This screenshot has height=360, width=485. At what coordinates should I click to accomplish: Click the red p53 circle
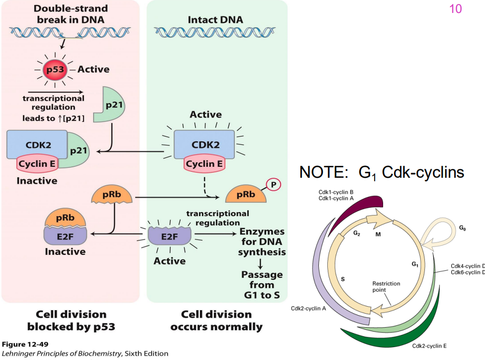[55, 69]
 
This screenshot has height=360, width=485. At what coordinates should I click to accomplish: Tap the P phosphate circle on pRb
[273, 184]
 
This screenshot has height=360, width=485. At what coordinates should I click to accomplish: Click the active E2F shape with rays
[169, 236]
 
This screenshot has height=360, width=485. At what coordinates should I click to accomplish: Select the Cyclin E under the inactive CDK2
[38, 163]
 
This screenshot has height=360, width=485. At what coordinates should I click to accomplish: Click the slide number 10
[455, 8]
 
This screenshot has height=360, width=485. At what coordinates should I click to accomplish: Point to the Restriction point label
[386, 287]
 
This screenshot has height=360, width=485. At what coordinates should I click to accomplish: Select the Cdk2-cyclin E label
[432, 346]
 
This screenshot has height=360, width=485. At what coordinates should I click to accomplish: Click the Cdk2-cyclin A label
[308, 308]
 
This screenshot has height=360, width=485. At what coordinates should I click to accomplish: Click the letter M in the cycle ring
[378, 234]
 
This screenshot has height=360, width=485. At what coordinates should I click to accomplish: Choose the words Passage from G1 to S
[262, 285]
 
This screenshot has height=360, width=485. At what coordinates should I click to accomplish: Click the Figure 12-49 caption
[25, 344]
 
